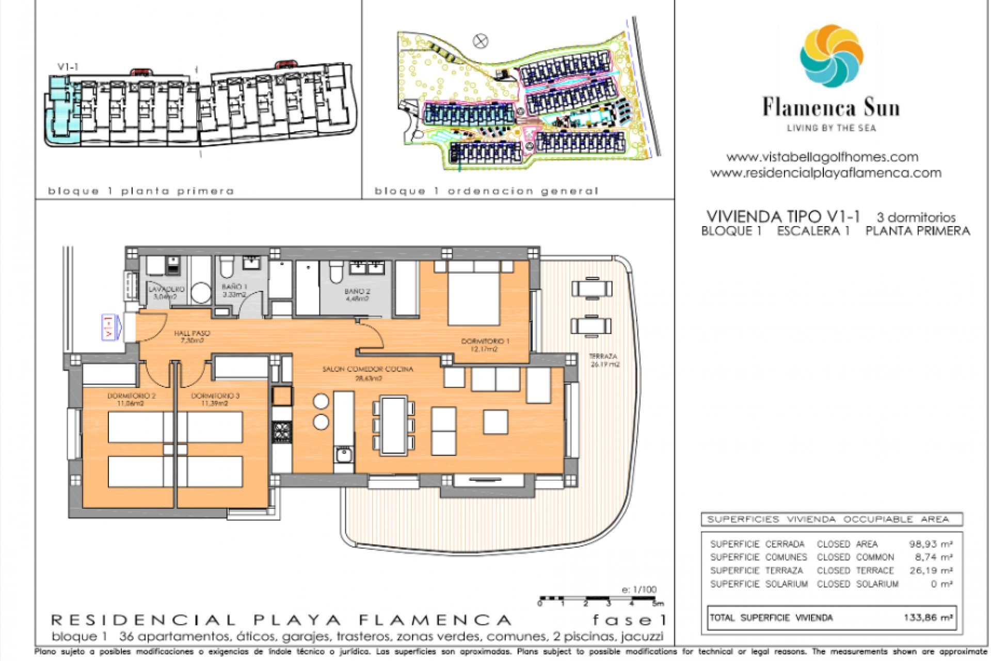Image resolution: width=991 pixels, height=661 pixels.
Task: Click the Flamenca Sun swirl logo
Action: tap(832, 56)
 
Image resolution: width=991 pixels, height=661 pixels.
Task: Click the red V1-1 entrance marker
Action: tap(109, 327)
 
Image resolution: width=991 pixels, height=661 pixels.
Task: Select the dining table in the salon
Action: tap(393, 426)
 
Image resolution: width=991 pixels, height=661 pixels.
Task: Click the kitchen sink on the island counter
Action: tap(343, 455)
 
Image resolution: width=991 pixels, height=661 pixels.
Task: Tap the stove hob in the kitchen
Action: tap(282, 432)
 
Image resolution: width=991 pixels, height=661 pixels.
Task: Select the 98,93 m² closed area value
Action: tap(930, 544)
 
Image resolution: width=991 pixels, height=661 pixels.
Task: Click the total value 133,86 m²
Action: tap(928, 618)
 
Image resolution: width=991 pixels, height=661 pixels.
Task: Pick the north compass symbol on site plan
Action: tap(481, 41)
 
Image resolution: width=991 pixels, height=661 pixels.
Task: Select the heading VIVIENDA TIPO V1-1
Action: tap(782, 216)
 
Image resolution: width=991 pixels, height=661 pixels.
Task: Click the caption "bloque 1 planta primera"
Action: tap(141, 192)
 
